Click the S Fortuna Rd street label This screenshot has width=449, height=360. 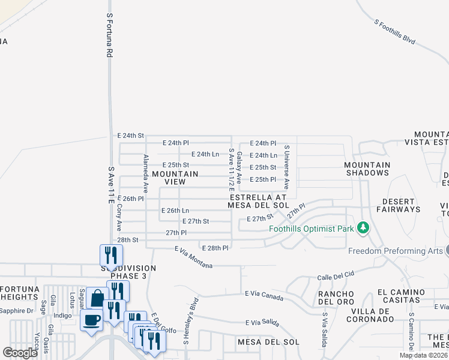tap(109, 36)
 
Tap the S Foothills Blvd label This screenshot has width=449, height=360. tap(395, 32)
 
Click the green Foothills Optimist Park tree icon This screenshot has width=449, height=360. tap(363, 228)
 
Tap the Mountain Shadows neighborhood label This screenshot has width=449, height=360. tap(367, 169)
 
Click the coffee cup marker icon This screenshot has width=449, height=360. tap(92, 319)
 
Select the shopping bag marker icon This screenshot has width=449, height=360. tap(97, 298)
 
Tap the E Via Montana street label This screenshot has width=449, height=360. tap(193, 257)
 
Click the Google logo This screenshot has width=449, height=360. tap(20, 352)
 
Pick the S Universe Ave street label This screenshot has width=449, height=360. tap(287, 167)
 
